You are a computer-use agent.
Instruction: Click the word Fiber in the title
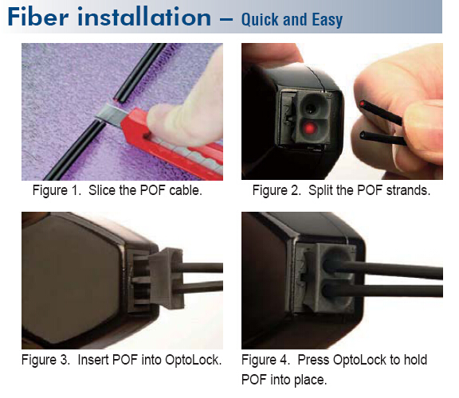(38, 17)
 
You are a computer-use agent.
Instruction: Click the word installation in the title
(144, 17)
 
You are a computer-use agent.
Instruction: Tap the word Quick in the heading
(260, 20)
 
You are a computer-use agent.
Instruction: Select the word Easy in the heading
(328, 20)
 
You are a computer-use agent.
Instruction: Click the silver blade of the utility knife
(112, 115)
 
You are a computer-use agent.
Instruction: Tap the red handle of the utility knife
(173, 143)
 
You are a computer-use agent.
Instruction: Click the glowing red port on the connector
(309, 128)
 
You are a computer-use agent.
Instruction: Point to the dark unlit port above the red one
(310, 108)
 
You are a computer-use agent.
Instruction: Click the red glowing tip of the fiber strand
(363, 103)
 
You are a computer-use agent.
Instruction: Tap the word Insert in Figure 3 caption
(93, 360)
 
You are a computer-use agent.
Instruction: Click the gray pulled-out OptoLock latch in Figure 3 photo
(167, 278)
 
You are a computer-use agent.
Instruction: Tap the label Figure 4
(266, 360)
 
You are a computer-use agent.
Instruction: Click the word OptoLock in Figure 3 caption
(193, 360)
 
